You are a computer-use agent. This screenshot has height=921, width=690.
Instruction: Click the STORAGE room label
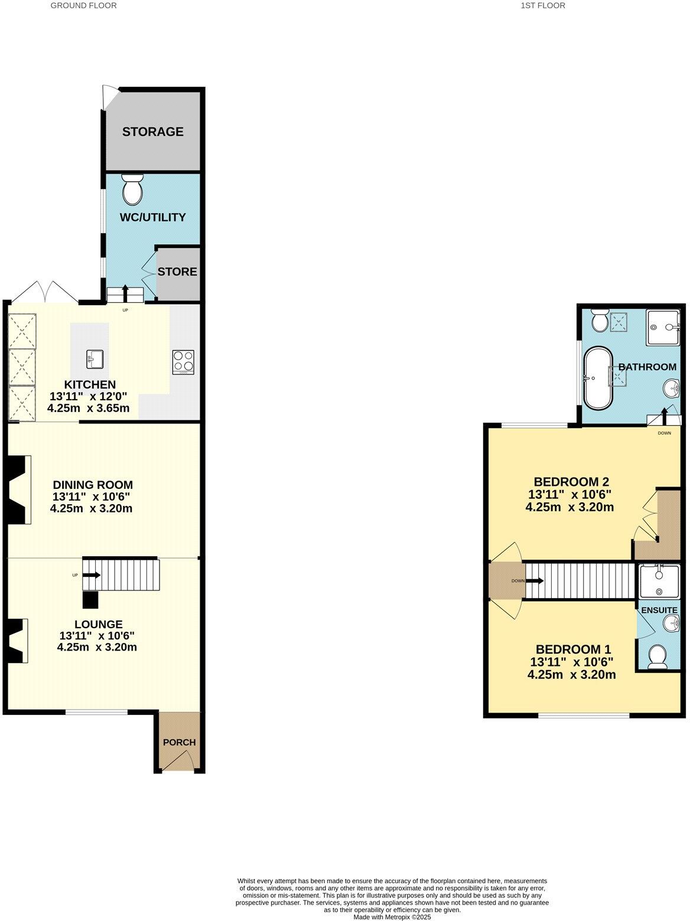(152, 132)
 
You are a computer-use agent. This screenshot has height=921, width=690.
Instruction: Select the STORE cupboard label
(177, 272)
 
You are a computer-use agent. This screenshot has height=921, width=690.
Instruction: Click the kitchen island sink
(94, 358)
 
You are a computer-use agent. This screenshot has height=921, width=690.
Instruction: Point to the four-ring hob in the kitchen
(183, 362)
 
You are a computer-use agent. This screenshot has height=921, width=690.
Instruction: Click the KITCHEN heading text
(90, 384)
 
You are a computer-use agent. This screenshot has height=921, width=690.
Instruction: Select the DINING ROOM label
(92, 485)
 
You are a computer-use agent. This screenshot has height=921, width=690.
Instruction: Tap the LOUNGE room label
(98, 624)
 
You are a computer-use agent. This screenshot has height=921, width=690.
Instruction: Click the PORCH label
(179, 742)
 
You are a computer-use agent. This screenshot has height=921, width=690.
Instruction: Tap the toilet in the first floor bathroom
(599, 321)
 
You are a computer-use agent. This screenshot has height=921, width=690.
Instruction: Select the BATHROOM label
(647, 367)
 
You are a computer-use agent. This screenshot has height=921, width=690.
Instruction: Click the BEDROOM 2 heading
(571, 481)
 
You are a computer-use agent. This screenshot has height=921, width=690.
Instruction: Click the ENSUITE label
(659, 610)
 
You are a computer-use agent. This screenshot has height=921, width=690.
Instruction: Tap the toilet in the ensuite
(658, 657)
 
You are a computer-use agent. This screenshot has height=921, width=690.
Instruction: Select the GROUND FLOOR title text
(83, 5)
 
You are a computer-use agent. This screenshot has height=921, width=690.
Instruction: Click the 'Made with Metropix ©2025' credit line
(392, 917)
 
